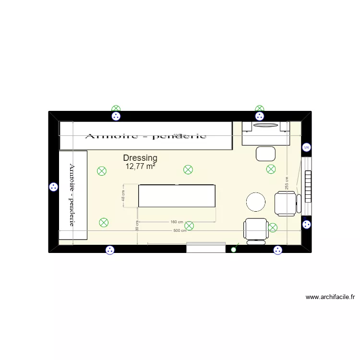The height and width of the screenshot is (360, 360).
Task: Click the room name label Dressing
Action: click(140, 158)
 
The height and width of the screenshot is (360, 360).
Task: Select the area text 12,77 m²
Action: click(140, 167)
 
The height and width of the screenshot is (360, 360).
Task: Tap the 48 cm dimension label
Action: click(123, 196)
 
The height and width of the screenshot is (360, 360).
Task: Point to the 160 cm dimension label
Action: click(177, 222)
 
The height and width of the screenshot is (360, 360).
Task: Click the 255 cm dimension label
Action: click(287, 187)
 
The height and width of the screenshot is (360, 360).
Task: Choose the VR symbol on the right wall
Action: click(306, 148)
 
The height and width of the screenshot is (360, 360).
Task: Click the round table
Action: click(256, 202)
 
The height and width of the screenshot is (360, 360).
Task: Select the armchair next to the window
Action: click(286, 203)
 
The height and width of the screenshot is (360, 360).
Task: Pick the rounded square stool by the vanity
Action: click(266, 154)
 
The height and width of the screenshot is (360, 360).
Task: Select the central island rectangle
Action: click(177, 196)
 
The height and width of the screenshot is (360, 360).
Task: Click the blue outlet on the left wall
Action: click(53, 188)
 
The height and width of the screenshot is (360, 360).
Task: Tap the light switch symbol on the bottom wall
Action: click(234, 249)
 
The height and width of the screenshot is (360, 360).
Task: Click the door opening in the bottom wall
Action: click(206, 248)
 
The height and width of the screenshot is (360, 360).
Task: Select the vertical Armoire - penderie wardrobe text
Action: click(72, 195)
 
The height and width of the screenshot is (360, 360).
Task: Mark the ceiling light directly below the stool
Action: click(271, 169)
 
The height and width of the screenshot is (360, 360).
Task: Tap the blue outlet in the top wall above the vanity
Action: click(260, 116)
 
